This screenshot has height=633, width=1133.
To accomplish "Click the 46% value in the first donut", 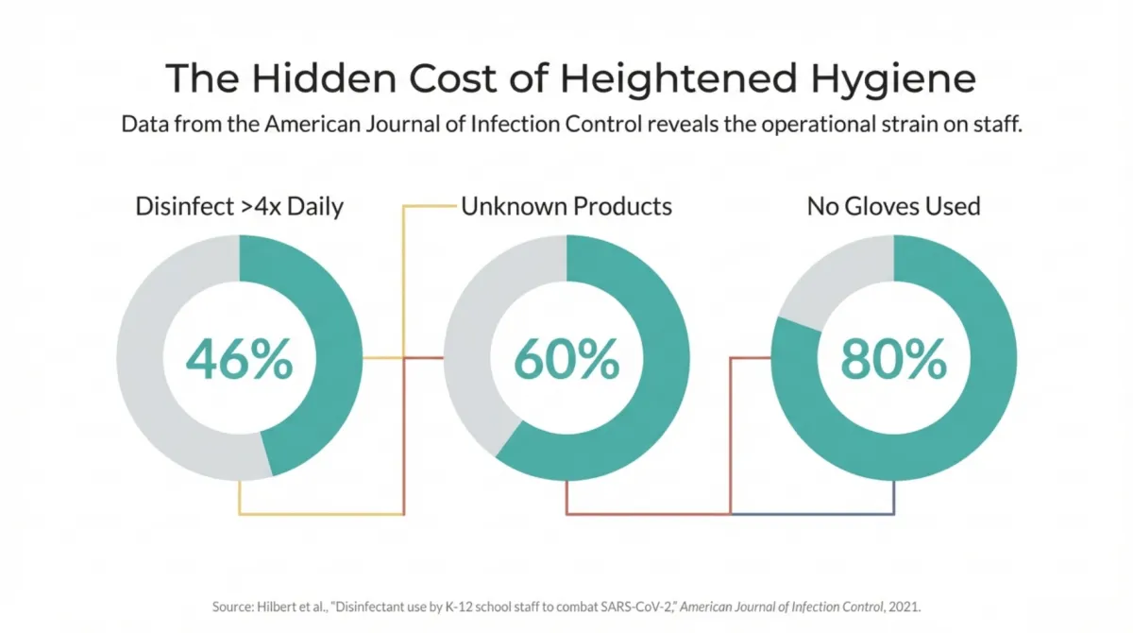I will pyautogui.click(x=239, y=359).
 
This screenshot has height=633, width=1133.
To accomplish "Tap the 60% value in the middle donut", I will pyautogui.click(x=566, y=359).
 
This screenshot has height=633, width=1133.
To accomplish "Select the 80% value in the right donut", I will pyautogui.click(x=893, y=359).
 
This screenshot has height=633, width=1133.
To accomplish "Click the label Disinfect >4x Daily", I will pyautogui.click(x=239, y=206).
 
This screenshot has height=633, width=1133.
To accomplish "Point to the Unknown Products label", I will pyautogui.click(x=566, y=206).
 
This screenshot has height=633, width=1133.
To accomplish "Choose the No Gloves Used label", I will pyautogui.click(x=893, y=206).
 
